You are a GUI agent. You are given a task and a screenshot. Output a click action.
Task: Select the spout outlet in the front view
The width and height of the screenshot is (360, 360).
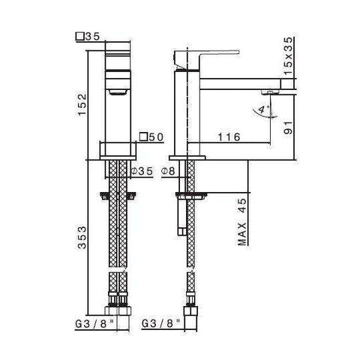point(118,92)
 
